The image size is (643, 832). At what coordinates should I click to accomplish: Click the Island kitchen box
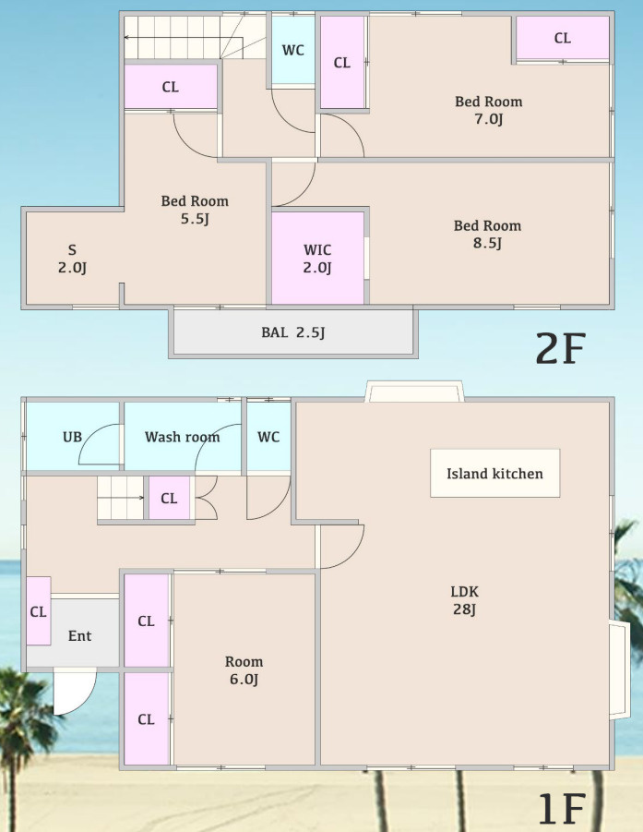click(x=494, y=473)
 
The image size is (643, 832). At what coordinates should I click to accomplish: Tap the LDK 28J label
click(x=464, y=600)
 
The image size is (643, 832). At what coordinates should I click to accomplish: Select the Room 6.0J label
click(x=244, y=670)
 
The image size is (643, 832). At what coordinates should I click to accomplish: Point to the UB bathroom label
click(x=73, y=437)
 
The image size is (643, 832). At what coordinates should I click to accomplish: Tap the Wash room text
click(x=182, y=437)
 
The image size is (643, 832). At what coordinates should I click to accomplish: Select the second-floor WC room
click(x=293, y=50)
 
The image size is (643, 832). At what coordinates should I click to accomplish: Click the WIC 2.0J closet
click(x=317, y=258)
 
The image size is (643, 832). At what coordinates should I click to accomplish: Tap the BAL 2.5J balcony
click(x=293, y=332)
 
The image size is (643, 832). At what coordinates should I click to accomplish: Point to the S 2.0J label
click(x=72, y=258)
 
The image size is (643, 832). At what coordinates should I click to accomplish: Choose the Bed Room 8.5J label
click(x=487, y=234)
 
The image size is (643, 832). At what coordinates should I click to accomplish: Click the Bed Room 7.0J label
click(x=488, y=109)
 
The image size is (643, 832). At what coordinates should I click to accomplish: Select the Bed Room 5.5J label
click(x=195, y=209)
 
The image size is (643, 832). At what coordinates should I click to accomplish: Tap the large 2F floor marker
click(x=560, y=347)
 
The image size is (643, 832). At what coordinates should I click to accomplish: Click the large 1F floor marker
click(x=562, y=808)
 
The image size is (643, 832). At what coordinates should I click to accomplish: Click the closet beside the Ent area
click(x=39, y=610)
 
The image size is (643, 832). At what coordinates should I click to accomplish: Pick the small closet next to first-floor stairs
click(x=169, y=498)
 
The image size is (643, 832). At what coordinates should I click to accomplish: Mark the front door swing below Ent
click(x=75, y=692)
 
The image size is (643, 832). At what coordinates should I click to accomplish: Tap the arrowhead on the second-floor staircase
click(x=127, y=37)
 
